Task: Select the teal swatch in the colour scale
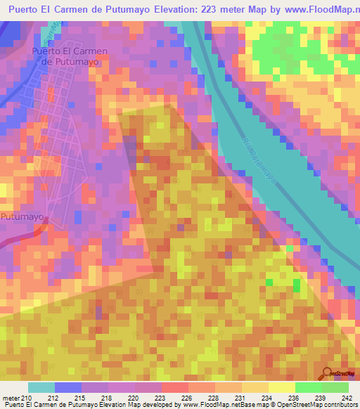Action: (41, 387)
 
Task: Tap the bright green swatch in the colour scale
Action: (307, 387)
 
